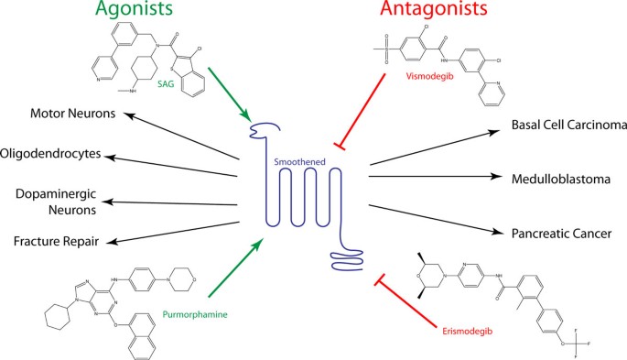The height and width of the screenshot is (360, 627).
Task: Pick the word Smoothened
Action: tap(298, 161)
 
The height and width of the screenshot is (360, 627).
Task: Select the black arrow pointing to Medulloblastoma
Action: tap(435, 174)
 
